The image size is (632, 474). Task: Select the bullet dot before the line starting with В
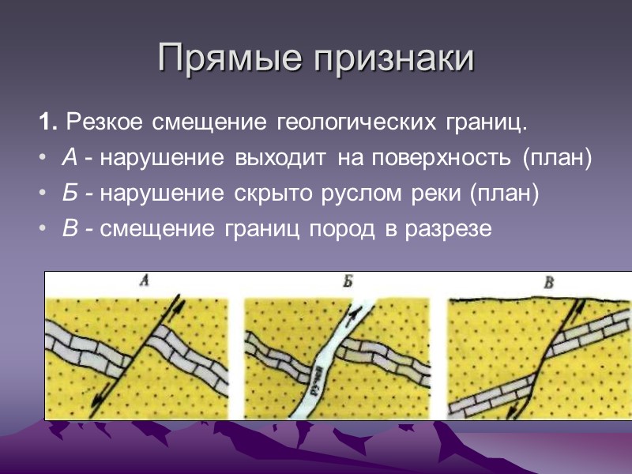(42, 229)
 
